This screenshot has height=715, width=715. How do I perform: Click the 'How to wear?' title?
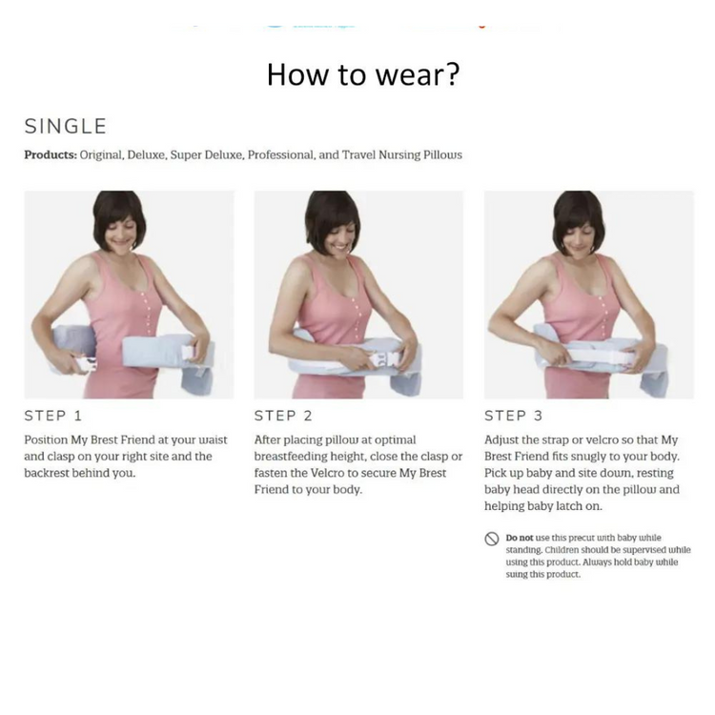[x=363, y=74]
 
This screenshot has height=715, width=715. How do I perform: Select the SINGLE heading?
[x=66, y=126]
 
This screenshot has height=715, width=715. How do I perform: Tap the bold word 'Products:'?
[x=51, y=155]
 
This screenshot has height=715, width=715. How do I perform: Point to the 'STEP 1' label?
[x=53, y=416]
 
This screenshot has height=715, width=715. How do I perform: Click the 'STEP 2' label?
[x=283, y=416]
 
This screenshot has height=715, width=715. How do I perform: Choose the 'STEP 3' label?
[x=514, y=416]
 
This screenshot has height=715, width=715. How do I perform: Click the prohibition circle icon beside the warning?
[x=492, y=539]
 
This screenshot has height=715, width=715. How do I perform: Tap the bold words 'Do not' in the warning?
[x=520, y=538]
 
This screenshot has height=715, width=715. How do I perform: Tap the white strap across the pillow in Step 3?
[x=595, y=357]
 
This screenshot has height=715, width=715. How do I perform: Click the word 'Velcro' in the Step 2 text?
[x=327, y=473]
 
